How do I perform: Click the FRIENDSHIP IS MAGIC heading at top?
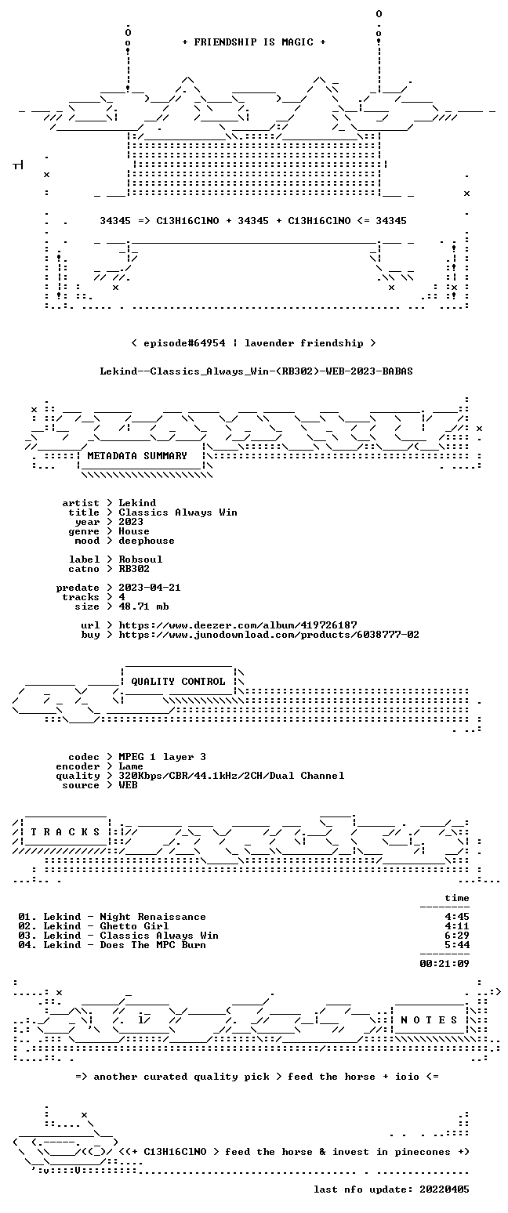(x=254, y=42)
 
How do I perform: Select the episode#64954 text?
(x=184, y=343)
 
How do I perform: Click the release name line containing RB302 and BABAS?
(x=256, y=371)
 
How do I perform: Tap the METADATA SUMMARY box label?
(x=137, y=456)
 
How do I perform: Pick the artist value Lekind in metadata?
(x=137, y=503)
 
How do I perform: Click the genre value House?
(x=134, y=531)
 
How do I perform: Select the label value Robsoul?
(x=140, y=559)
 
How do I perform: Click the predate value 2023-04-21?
(x=150, y=588)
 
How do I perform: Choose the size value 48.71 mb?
(x=143, y=606)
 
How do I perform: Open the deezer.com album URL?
(x=238, y=625)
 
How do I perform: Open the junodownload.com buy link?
(x=269, y=635)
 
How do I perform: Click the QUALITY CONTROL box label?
(x=178, y=682)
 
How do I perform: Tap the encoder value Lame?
(x=130, y=766)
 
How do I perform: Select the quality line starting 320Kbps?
(x=231, y=776)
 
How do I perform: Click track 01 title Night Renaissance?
(x=153, y=917)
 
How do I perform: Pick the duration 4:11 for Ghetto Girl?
(x=457, y=926)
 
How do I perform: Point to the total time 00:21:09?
(x=444, y=963)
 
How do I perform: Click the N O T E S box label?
(x=429, y=1020)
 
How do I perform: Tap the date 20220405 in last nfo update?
(x=444, y=1189)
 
